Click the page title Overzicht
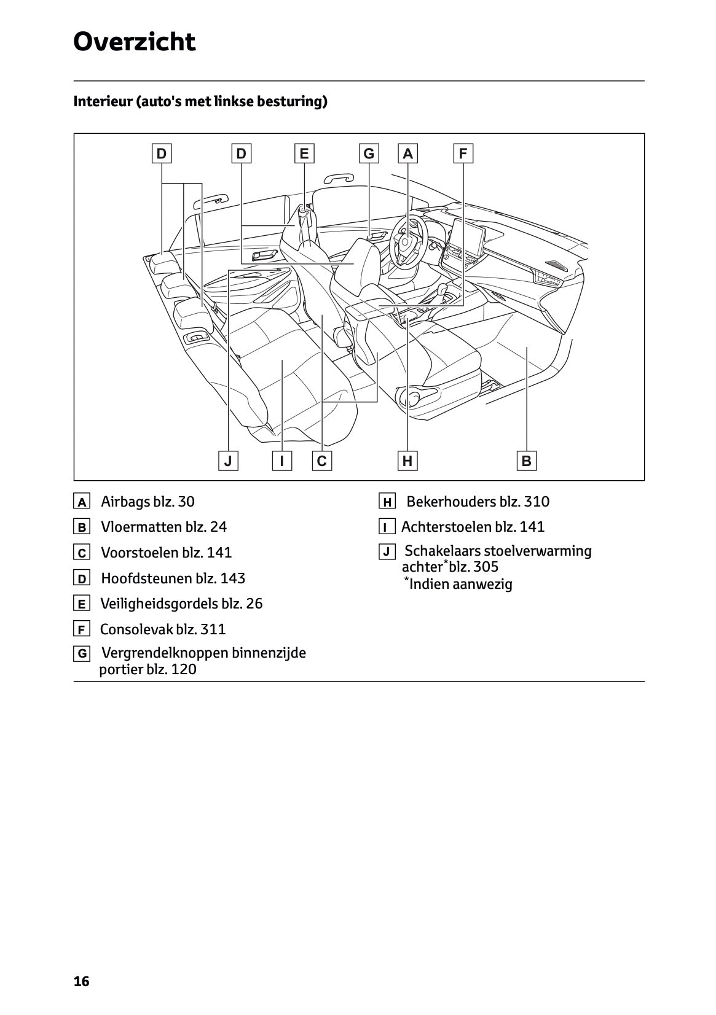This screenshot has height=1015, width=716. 134,42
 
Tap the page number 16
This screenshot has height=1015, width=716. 81,981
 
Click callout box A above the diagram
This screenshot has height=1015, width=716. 407,154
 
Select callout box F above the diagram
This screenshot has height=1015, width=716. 463,154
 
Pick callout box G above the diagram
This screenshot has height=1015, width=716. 369,154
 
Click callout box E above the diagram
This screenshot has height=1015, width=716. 304,154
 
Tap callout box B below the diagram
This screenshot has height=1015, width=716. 526,461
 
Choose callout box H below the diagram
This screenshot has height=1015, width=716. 407,461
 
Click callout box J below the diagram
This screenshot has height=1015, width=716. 228,461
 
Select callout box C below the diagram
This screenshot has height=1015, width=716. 321,461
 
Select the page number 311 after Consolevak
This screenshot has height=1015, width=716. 213,629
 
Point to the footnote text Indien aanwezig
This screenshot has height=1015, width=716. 460,584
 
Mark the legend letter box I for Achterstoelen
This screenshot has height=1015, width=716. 386,527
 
